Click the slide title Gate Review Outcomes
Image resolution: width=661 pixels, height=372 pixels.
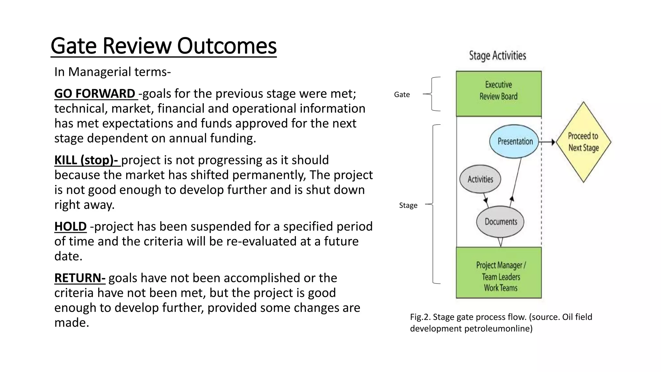(x=164, y=46)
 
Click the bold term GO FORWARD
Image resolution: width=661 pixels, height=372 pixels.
(x=95, y=94)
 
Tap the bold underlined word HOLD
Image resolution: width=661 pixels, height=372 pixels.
(x=70, y=227)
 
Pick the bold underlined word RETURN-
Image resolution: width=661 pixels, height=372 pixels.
(x=80, y=278)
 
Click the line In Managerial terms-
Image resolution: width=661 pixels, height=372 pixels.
(x=112, y=72)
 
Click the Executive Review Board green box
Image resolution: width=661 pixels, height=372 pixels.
(x=498, y=94)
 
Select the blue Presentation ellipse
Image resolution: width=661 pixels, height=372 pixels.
(x=514, y=141)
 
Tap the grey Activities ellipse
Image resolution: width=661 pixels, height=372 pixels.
(x=480, y=179)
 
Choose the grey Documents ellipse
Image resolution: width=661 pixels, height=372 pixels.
(x=500, y=222)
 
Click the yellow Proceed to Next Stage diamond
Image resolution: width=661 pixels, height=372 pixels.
(x=583, y=142)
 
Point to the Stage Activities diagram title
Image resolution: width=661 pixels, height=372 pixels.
(x=497, y=56)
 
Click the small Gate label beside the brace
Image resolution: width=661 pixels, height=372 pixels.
(x=402, y=95)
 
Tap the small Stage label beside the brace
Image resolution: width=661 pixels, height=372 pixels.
(x=408, y=205)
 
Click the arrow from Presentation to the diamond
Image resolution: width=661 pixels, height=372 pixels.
(x=547, y=142)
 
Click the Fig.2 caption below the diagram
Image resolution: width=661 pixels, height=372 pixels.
(x=501, y=323)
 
